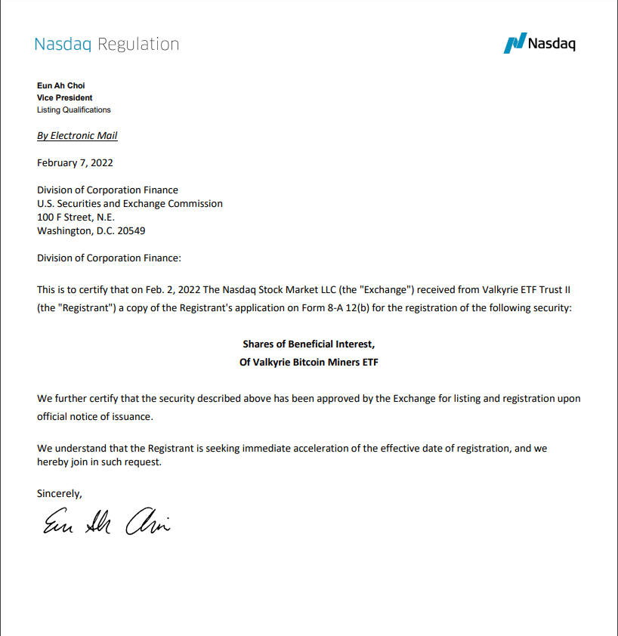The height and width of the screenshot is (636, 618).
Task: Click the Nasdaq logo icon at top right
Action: [x=514, y=43]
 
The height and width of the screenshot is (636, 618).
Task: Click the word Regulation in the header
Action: [x=138, y=44]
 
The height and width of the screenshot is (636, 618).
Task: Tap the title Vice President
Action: [x=65, y=97]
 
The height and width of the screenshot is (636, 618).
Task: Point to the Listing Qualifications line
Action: [x=74, y=110]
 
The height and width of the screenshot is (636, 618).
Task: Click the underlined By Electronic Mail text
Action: [x=77, y=136]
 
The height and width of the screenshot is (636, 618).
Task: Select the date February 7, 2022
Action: [x=75, y=162]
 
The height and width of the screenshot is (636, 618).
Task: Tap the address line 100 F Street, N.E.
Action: [x=76, y=217]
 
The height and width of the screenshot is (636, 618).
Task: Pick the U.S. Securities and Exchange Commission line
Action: [x=130, y=203]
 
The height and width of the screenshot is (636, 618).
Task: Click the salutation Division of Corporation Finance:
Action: [x=109, y=258]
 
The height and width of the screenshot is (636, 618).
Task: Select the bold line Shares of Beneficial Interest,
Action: [x=308, y=344]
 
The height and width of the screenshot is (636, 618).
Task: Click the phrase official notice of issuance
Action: [x=94, y=416]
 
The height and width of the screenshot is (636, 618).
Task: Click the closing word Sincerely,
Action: [x=60, y=493]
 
